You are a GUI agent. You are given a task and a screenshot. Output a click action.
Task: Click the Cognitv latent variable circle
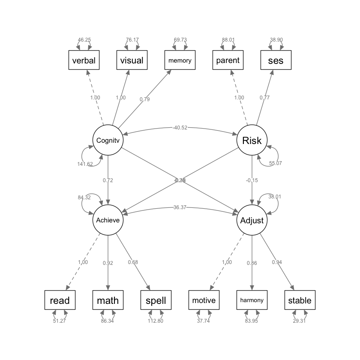pyautogui.click(x=108, y=140)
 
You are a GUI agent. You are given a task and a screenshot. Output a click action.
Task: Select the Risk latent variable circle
pyautogui.click(x=252, y=140)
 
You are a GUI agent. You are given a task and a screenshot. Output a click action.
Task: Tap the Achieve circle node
pyautogui.click(x=108, y=220)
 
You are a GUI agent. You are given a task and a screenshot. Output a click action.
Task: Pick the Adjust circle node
pyautogui.click(x=252, y=220)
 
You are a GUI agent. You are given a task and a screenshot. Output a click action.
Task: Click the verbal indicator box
pyautogui.click(x=84, y=60)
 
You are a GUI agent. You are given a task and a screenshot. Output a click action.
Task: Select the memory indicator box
pyautogui.click(x=180, y=60)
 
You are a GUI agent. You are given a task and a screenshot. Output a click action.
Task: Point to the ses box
pyautogui.click(x=276, y=60)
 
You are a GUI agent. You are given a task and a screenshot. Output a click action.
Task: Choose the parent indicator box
pyautogui.click(x=228, y=60)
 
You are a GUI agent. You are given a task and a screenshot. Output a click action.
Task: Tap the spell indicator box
pyautogui.click(x=156, y=300)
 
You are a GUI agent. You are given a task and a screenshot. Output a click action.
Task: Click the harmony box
pyautogui.click(x=252, y=300)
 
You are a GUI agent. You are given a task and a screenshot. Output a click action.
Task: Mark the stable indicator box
pyautogui.click(x=300, y=300)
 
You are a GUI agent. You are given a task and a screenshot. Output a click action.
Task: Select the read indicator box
pyautogui.click(x=60, y=300)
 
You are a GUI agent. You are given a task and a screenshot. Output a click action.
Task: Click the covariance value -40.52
pyautogui.click(x=180, y=127)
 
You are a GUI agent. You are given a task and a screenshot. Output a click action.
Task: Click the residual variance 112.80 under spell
pyautogui.click(x=156, y=321)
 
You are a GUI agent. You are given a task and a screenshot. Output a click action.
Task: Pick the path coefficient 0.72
pyautogui.click(x=108, y=180)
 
